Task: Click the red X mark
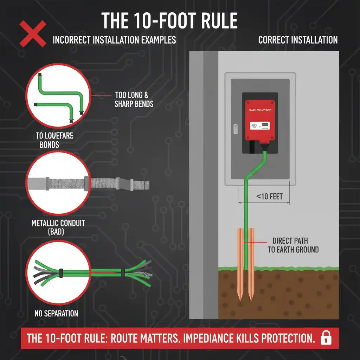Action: [33, 34]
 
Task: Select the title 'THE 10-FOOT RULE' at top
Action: [170, 21]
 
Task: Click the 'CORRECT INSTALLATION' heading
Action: [298, 40]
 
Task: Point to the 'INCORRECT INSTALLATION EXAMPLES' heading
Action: [114, 40]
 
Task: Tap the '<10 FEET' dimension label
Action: [269, 196]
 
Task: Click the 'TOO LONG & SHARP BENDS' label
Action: [134, 99]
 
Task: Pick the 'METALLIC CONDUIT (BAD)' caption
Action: [58, 227]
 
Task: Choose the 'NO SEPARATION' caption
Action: [56, 313]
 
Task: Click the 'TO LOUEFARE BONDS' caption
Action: [54, 140]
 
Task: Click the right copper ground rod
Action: [252, 264]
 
